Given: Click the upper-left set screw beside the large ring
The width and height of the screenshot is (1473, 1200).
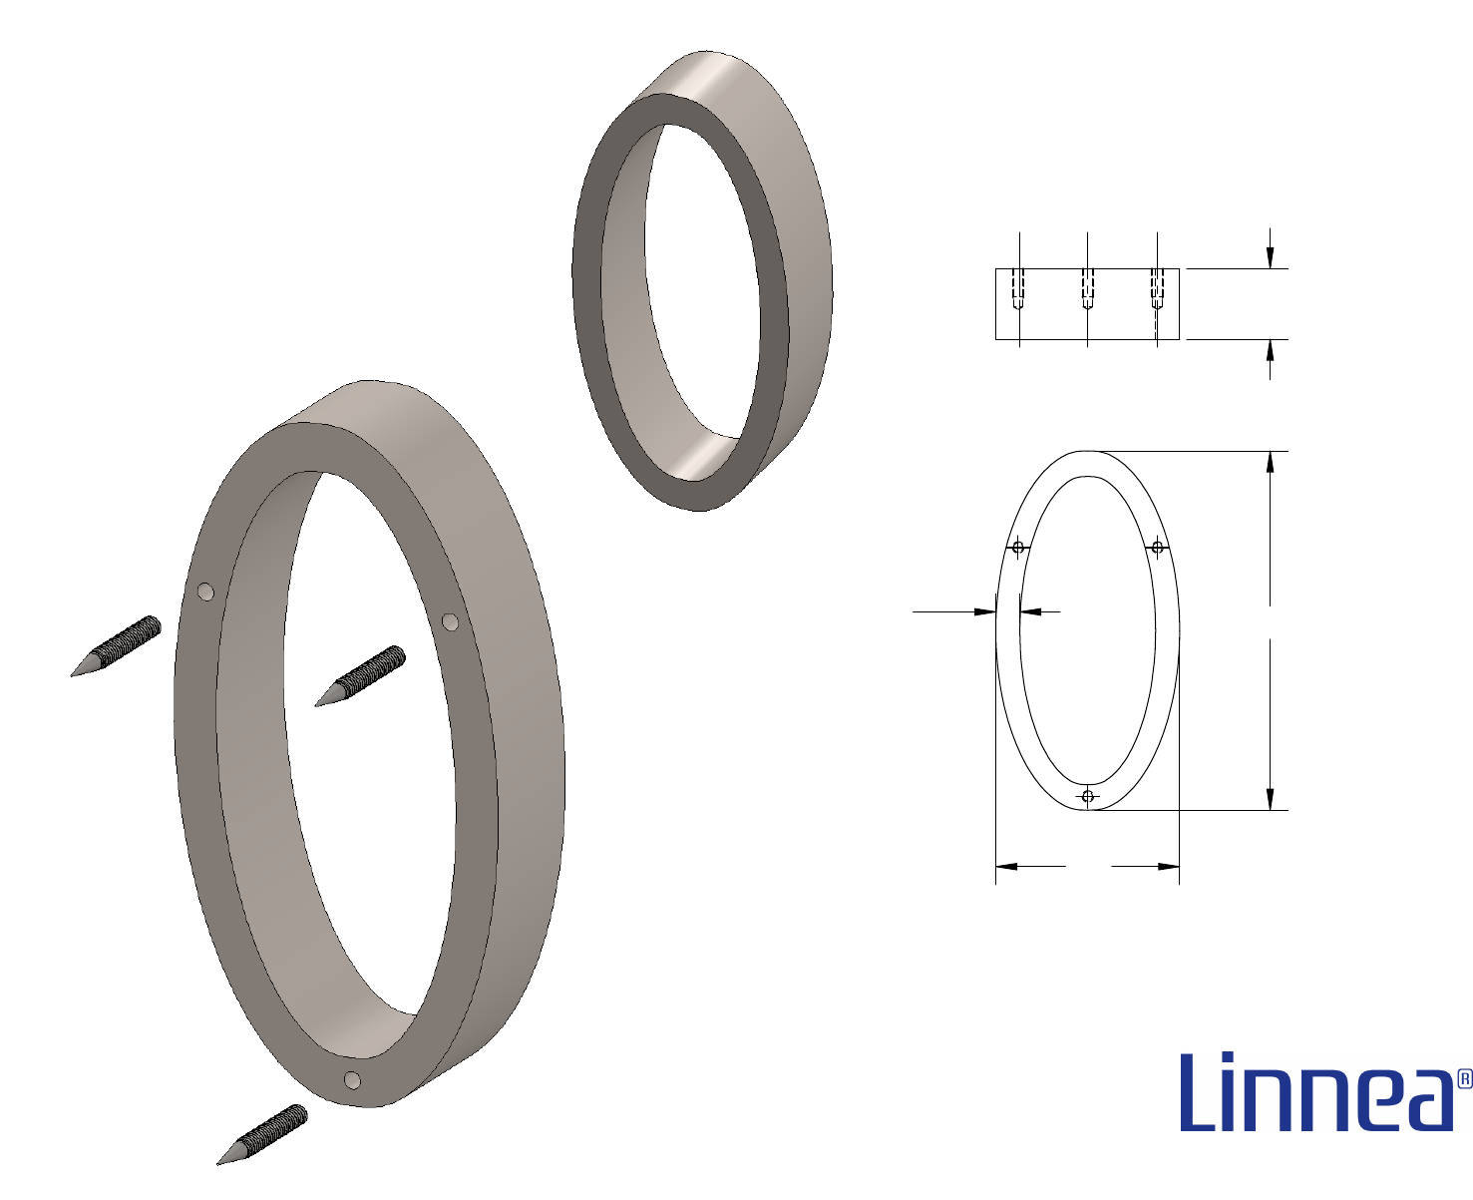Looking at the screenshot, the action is click(x=116, y=646).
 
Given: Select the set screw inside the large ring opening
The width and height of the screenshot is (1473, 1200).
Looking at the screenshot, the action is click(x=360, y=675).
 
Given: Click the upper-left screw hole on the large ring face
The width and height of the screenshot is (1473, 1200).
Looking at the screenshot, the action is click(x=205, y=593).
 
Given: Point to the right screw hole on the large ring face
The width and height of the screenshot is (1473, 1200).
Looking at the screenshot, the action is click(x=450, y=621).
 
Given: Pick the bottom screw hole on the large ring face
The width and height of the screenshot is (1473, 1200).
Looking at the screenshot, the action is click(x=352, y=1080).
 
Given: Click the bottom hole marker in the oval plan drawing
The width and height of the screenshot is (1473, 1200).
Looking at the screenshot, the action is click(x=1088, y=796).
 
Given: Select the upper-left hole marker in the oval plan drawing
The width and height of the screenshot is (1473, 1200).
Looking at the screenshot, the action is click(x=1018, y=548).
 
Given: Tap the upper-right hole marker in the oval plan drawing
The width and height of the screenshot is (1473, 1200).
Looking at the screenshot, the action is click(x=1158, y=548).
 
